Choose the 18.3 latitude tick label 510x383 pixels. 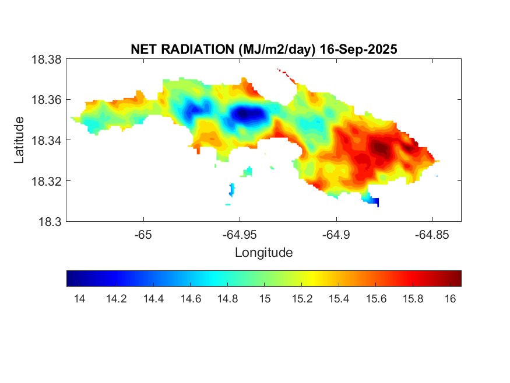[50, 221]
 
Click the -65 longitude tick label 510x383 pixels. [143, 235]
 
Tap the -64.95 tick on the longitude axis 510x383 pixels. [239, 235]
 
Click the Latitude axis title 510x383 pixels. [20, 140]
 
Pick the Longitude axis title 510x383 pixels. [263, 253]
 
